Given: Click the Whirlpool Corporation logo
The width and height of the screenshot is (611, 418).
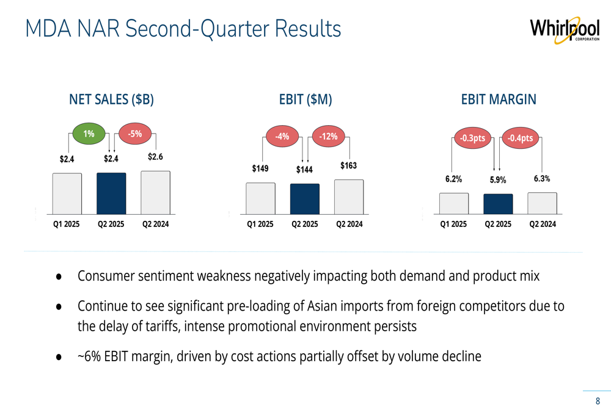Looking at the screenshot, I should pyautogui.click(x=564, y=29).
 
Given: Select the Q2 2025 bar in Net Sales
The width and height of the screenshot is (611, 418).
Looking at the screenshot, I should pyautogui.click(x=111, y=193).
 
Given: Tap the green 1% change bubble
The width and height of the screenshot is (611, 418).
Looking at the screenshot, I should pyautogui.click(x=89, y=134).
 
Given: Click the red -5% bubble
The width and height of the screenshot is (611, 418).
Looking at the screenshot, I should pyautogui.click(x=134, y=134).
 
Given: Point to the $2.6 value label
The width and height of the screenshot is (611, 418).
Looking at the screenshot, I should pyautogui.click(x=156, y=157).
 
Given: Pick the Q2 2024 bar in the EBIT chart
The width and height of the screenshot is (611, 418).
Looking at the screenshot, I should pyautogui.click(x=349, y=197).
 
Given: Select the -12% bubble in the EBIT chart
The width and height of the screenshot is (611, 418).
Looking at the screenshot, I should pyautogui.click(x=328, y=137).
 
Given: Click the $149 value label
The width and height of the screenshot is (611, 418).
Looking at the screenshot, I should pyautogui.click(x=260, y=168).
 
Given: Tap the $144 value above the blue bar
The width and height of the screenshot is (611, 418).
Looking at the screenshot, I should pyautogui.click(x=304, y=170).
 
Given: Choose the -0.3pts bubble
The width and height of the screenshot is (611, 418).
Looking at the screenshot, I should pyautogui.click(x=472, y=138).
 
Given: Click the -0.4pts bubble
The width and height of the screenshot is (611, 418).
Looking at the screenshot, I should pyautogui.click(x=519, y=138).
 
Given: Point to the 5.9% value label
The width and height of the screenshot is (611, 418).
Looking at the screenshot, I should pyautogui.click(x=498, y=180).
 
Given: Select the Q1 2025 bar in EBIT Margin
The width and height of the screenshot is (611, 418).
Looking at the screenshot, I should pyautogui.click(x=454, y=204).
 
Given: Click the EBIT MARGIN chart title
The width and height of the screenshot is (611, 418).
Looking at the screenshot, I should pyautogui.click(x=499, y=99).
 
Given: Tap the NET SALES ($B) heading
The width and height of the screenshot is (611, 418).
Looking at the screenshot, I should pyautogui.click(x=111, y=99).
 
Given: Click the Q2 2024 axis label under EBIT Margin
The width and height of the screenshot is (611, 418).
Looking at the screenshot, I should pyautogui.click(x=543, y=225).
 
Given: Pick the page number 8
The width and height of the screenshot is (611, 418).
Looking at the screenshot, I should pyautogui.click(x=598, y=401).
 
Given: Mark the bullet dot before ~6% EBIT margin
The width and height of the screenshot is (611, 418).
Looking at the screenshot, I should pyautogui.click(x=59, y=356).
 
